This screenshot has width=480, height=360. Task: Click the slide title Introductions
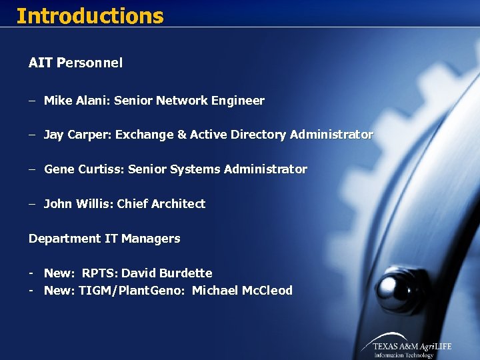[89, 15]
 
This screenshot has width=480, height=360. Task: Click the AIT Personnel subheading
[75, 63]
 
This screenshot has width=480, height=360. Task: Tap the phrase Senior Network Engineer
[189, 101]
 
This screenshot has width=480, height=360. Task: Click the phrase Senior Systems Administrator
[217, 169]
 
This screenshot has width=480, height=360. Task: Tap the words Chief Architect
[161, 204]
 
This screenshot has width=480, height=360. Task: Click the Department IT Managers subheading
[104, 239]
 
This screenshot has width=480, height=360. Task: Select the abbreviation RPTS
[99, 273]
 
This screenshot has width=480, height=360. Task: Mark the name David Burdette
[167, 273]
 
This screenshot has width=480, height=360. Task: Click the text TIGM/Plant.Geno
[131, 291]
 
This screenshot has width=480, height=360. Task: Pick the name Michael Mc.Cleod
[242, 291]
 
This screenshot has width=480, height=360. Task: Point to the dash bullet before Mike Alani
[32, 101]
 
